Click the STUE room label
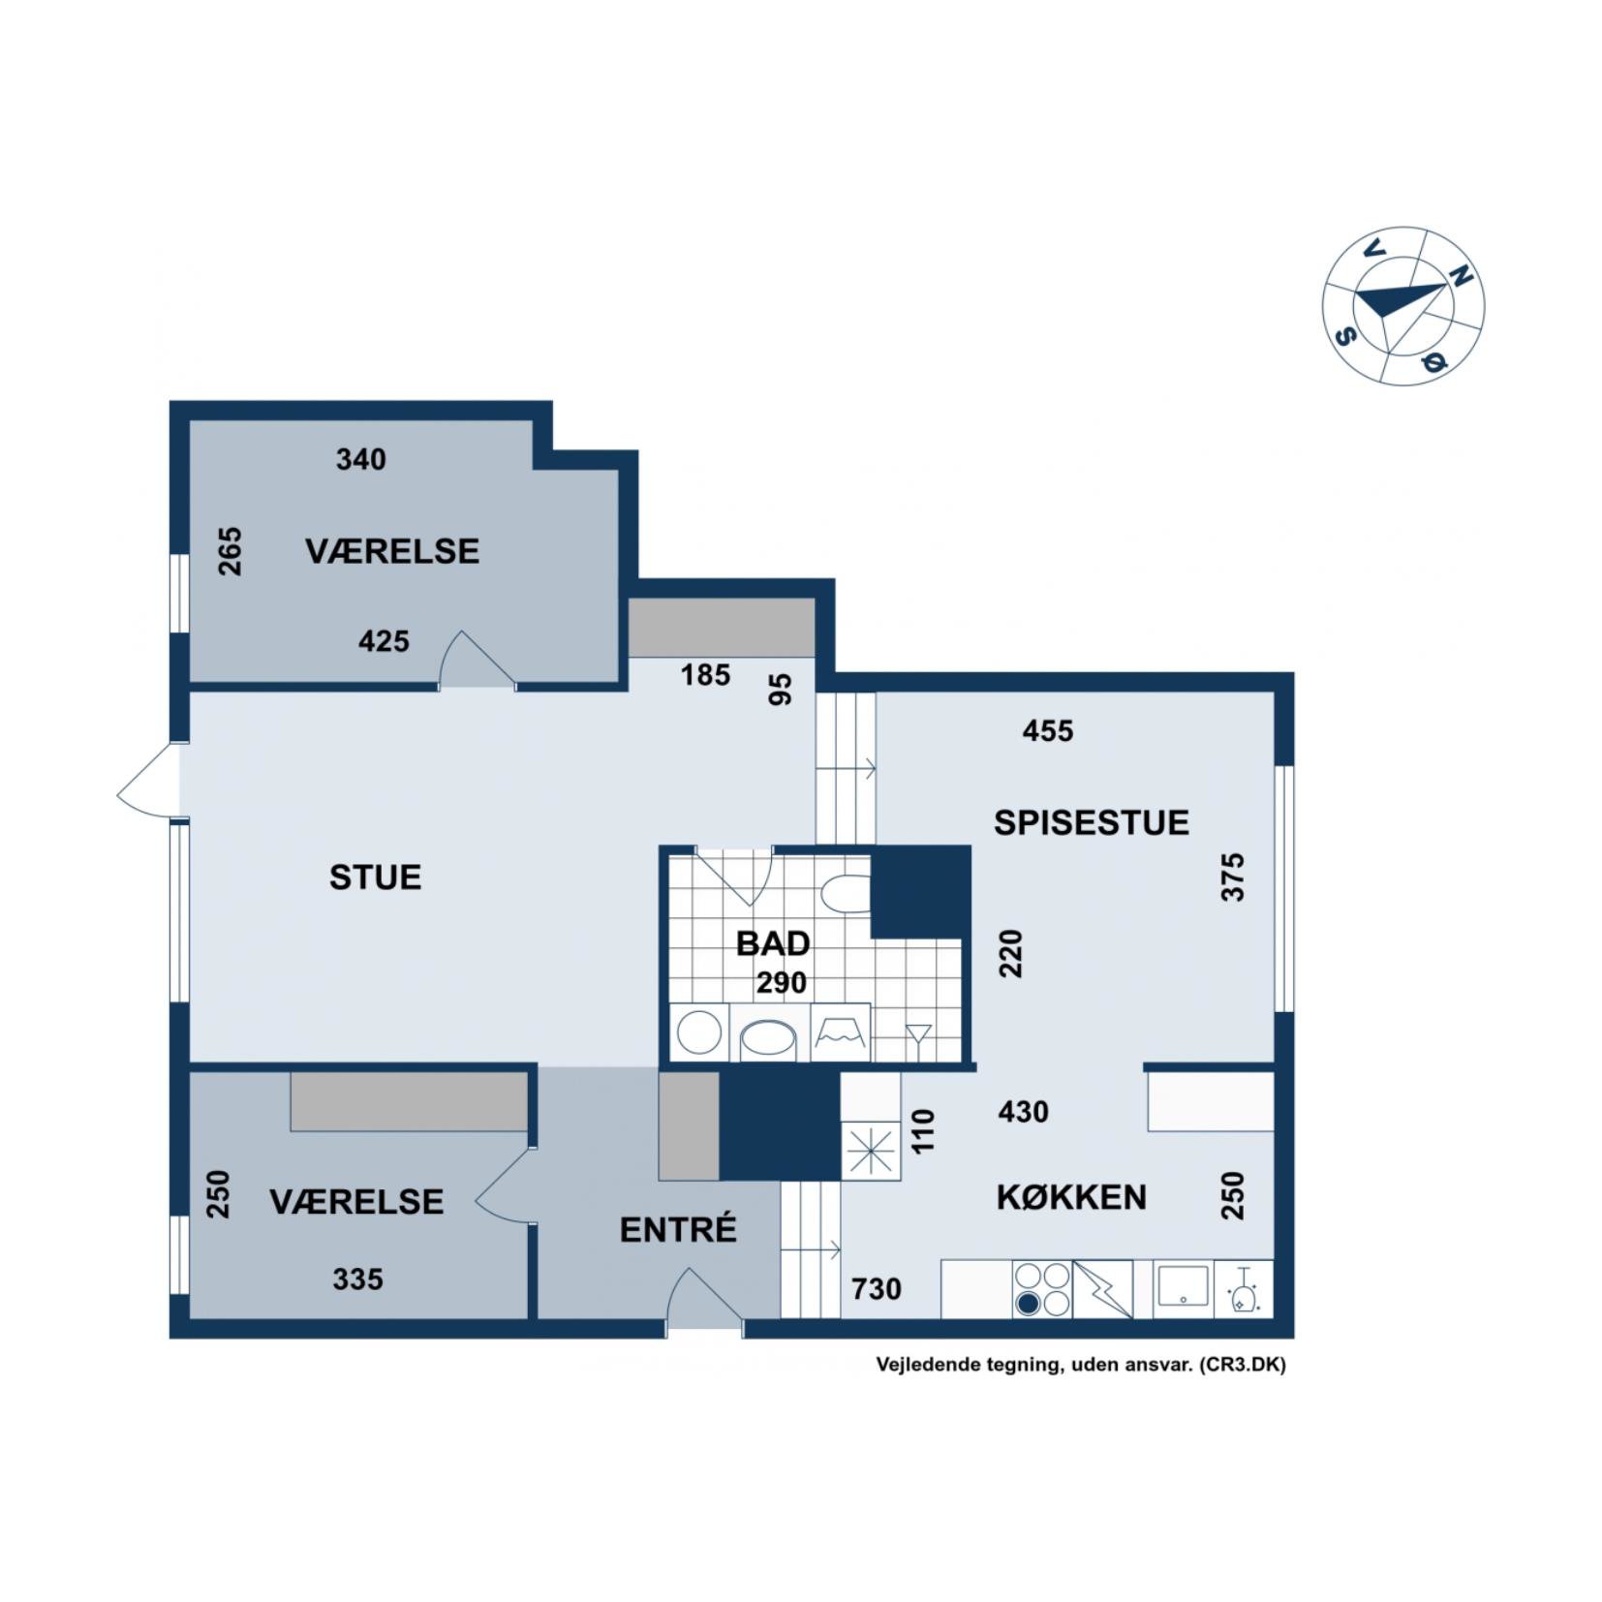375,877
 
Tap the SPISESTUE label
1091,822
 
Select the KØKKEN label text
1071,1197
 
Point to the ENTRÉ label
678,1229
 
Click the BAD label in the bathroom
773,943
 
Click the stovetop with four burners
1042,1289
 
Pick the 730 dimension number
877,1289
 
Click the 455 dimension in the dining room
1048,730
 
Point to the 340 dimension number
361,459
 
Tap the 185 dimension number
705,675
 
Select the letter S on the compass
1345,335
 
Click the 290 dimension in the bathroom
782,983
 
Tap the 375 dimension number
1232,877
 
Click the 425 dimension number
385,641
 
